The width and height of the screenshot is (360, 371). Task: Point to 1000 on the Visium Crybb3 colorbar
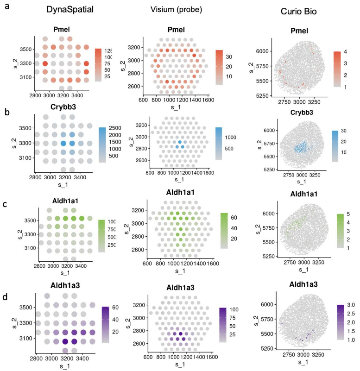(x=225, y=138)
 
